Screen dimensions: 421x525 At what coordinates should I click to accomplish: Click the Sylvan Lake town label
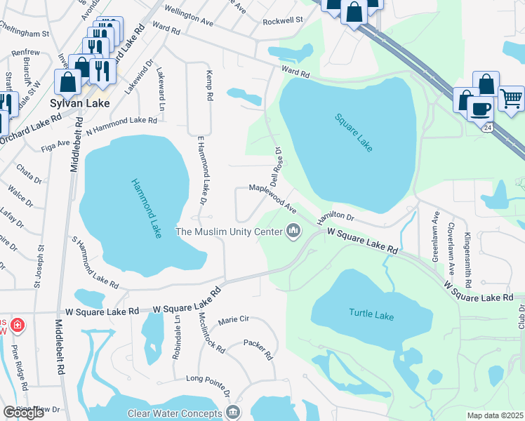coord(78,102)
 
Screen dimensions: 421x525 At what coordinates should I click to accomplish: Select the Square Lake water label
coord(353,133)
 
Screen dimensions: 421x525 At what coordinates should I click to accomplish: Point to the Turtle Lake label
coord(371,315)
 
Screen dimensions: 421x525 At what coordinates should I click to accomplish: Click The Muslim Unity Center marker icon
coord(294,231)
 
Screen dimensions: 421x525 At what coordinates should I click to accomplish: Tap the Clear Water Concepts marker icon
coord(234,413)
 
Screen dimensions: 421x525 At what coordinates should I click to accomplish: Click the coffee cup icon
coord(480,109)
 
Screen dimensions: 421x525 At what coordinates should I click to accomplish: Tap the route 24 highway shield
coord(488,127)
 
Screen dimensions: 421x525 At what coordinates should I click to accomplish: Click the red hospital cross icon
coord(17,326)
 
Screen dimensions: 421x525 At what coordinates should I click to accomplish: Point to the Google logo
coord(24,413)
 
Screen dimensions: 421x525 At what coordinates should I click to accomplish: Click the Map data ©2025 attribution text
coord(495,415)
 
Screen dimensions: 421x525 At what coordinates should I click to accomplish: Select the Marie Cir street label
coord(234,320)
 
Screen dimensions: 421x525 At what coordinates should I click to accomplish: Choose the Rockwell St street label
coord(282,21)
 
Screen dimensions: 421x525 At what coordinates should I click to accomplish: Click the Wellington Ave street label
coord(189,17)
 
